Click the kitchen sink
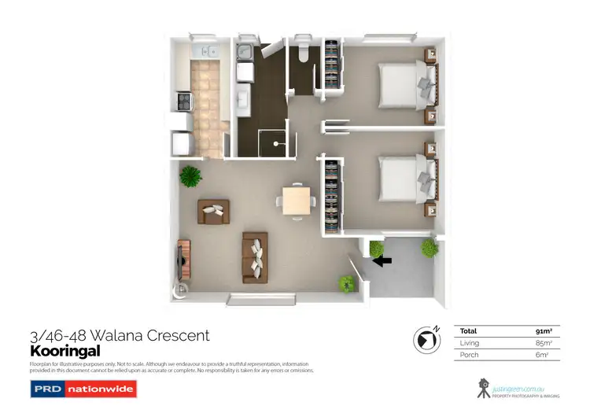pos(202,52)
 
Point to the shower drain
pos(275,146)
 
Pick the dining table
pos(296,201)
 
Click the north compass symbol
pos(425,339)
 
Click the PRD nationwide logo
pos(83,389)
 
